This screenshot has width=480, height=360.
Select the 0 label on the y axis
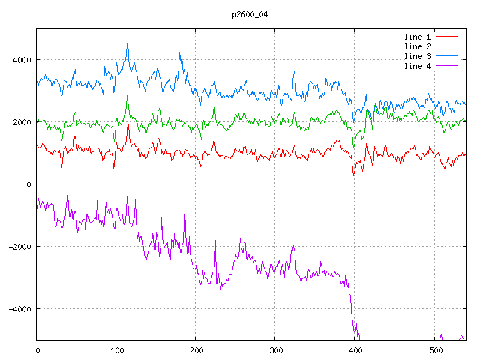28,184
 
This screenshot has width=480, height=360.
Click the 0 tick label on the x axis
37,349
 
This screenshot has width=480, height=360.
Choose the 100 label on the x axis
116,349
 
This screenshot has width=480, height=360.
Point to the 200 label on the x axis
196,349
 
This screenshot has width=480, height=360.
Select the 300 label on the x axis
275,349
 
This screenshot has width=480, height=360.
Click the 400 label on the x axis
355,349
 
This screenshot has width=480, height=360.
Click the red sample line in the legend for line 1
447,36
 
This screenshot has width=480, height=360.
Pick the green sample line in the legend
447,46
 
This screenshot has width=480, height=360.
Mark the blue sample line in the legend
447,56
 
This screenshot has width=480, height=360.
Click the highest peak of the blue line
128,42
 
